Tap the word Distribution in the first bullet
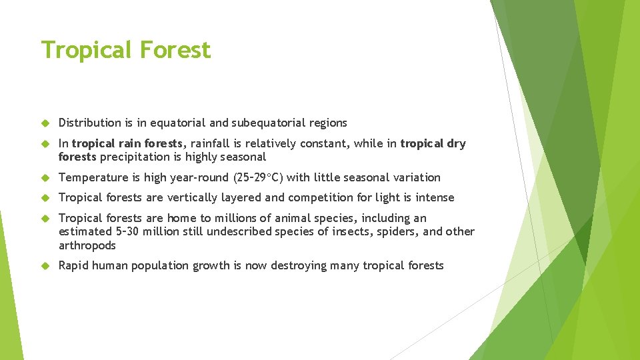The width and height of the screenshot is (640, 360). point(89,123)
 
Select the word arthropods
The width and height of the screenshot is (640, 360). point(87,245)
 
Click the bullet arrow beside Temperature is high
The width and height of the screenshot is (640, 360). point(46,177)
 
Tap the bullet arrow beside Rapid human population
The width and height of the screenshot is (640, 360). point(46,265)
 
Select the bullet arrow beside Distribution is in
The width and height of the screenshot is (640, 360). point(46,123)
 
